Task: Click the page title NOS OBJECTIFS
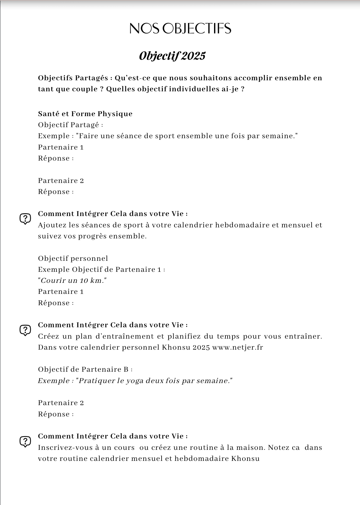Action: point(180,28)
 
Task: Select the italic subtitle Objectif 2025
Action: point(172,56)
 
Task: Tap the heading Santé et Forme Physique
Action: point(85,114)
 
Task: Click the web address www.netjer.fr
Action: point(237,347)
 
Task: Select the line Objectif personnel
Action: point(73,258)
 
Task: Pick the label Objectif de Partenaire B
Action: point(85,370)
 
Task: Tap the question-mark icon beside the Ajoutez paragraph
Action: point(25,219)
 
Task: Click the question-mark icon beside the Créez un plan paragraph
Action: point(25,330)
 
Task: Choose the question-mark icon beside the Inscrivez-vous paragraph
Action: point(25,441)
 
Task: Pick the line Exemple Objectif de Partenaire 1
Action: point(101,270)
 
